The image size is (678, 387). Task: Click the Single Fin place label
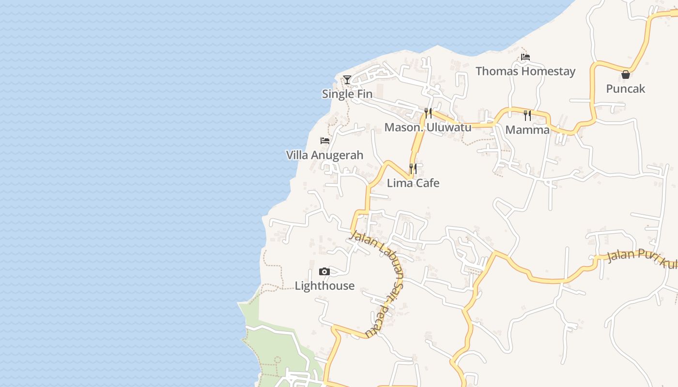pyautogui.click(x=347, y=94)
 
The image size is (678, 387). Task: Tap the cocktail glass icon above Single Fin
pyautogui.click(x=347, y=79)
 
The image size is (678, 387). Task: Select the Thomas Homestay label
pyautogui.click(x=525, y=71)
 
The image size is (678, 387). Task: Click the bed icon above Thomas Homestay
pyautogui.click(x=525, y=57)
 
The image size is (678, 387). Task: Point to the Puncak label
pyautogui.click(x=626, y=89)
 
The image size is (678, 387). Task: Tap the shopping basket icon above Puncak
pyautogui.click(x=626, y=74)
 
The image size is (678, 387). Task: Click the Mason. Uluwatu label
pyautogui.click(x=428, y=127)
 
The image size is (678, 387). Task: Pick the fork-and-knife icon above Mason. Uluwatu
pyautogui.click(x=428, y=113)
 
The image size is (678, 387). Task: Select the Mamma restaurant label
pyautogui.click(x=527, y=130)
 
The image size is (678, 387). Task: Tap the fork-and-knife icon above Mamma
pyautogui.click(x=527, y=116)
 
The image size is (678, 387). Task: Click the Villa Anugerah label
pyautogui.click(x=324, y=155)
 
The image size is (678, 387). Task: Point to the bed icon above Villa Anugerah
pyautogui.click(x=325, y=141)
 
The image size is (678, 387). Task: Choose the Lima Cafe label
pyautogui.click(x=413, y=183)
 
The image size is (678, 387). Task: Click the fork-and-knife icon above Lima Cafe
pyautogui.click(x=413, y=169)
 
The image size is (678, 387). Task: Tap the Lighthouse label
pyautogui.click(x=324, y=285)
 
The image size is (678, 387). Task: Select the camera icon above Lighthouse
pyautogui.click(x=324, y=272)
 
